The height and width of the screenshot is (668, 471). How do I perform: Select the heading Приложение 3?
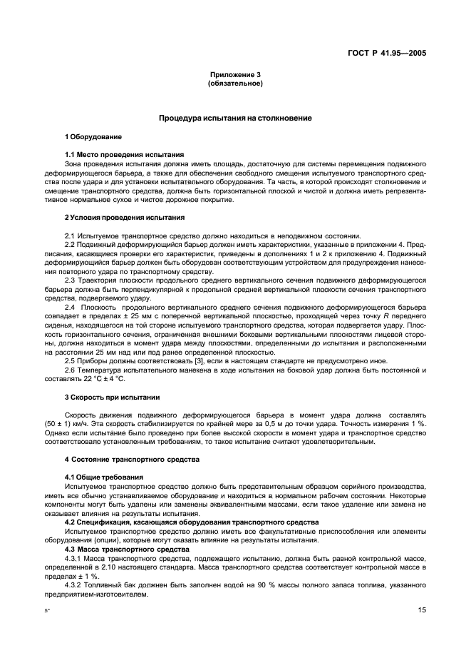235,75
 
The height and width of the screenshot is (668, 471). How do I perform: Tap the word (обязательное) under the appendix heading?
235,83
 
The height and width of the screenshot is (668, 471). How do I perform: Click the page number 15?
422,610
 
